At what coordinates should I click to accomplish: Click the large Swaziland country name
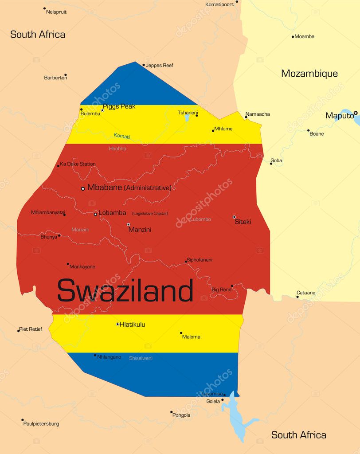pos(125,291)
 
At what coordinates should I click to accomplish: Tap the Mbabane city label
pos(104,188)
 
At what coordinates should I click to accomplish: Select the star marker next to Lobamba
pos(95,215)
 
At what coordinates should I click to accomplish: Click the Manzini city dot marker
pos(129,224)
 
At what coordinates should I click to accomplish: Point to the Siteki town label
pos(243,222)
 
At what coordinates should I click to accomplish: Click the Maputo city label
pos(339,116)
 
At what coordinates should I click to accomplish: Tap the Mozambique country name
pos(309,74)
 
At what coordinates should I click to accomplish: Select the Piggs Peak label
pos(119,106)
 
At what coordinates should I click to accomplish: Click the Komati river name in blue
pos(122,136)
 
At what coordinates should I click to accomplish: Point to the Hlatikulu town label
pos(132,325)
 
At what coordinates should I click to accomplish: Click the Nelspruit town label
pos(56,12)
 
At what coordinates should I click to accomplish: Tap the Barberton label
pos(55,78)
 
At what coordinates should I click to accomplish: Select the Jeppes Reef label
pos(159,66)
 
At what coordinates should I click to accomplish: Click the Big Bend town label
pos(221,290)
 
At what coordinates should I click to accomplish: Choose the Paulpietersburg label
pos(41,424)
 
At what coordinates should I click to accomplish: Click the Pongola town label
pos(181,415)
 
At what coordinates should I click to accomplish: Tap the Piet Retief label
pos(31,329)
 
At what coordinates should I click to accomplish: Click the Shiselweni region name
pos(141,358)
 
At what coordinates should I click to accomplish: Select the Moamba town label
pos(304,36)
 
